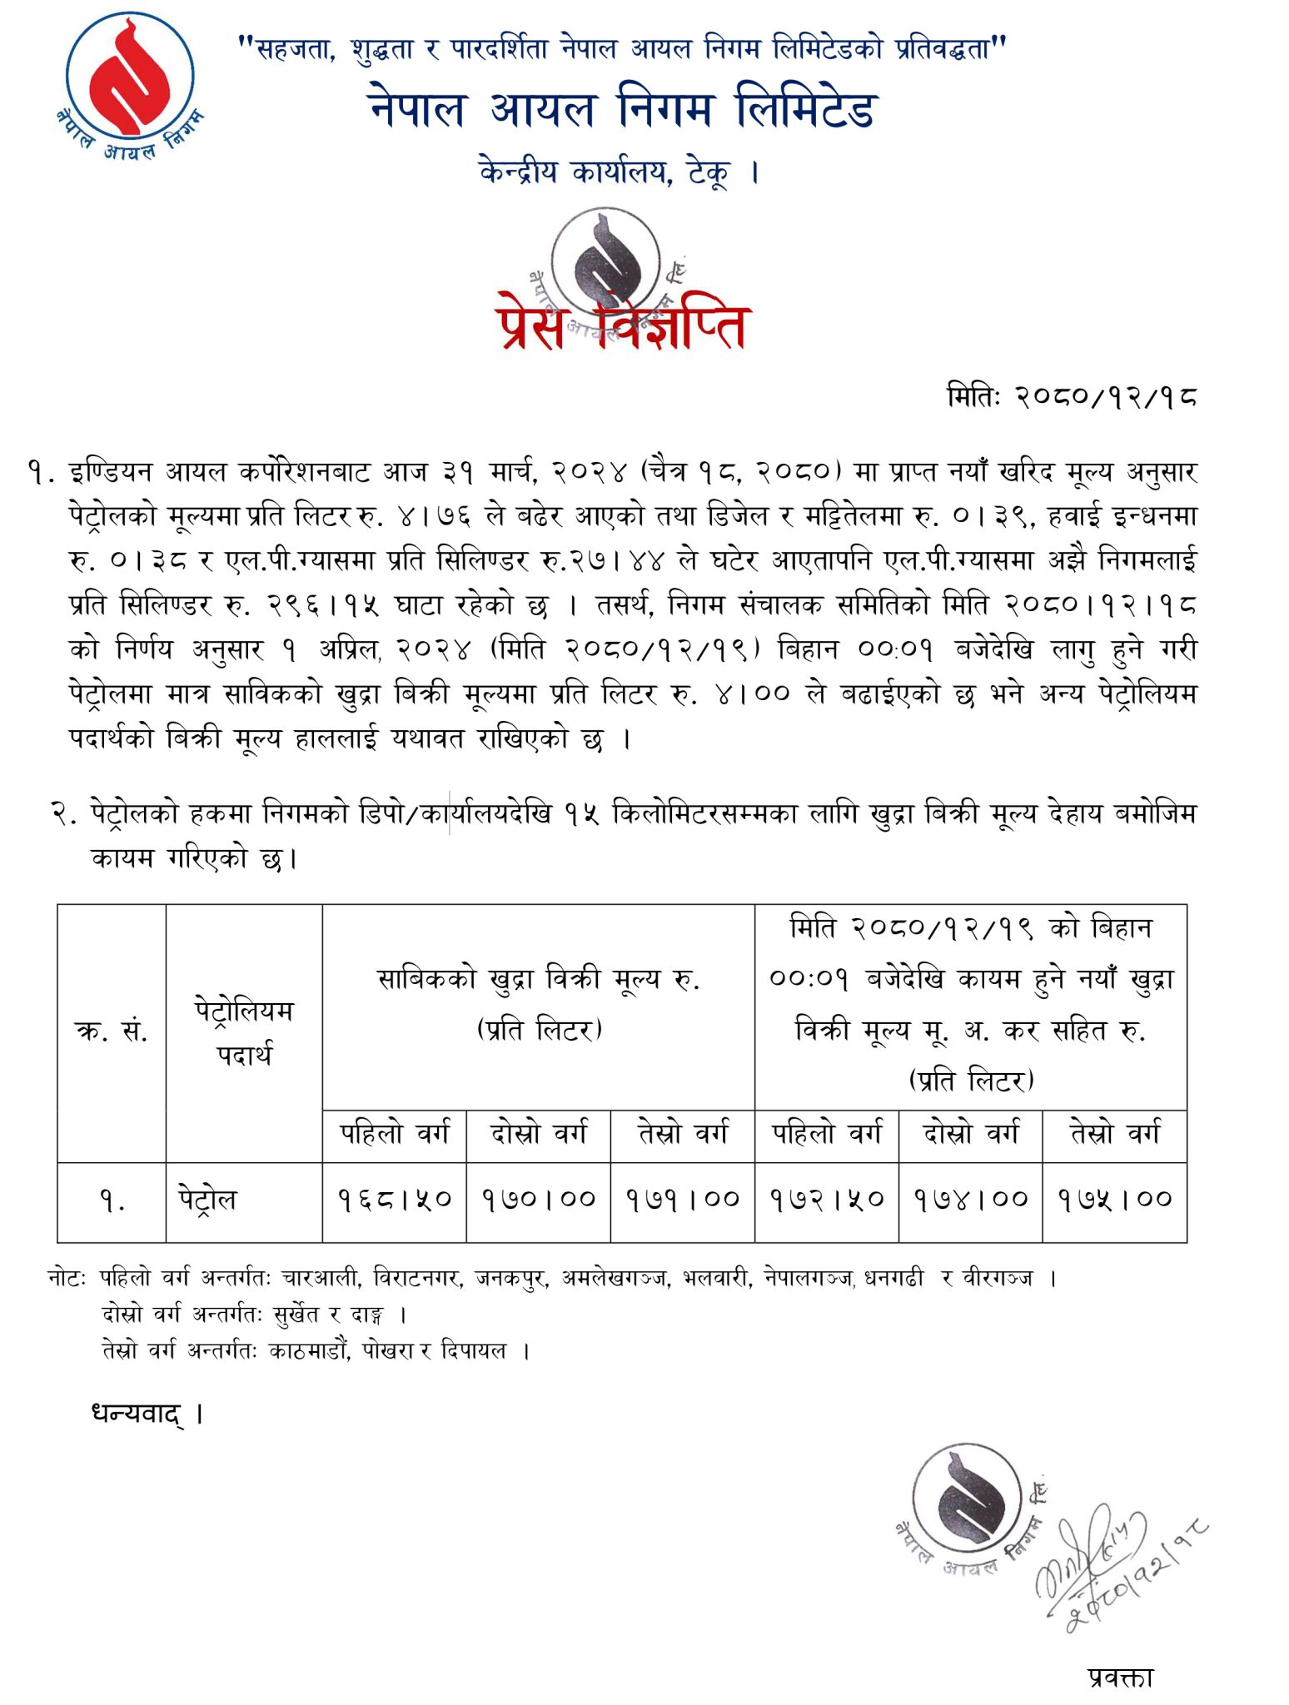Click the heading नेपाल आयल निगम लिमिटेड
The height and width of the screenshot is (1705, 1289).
[x=621, y=110]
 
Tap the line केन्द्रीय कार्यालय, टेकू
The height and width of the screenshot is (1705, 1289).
[x=619, y=172]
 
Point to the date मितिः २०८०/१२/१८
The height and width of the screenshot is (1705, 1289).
[x=1072, y=396]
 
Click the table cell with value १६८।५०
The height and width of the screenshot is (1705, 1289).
[x=394, y=1199]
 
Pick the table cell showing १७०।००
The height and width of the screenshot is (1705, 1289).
[x=539, y=1199]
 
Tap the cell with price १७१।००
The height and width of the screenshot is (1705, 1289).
[x=683, y=1199]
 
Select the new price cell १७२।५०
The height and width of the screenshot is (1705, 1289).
[x=827, y=1199]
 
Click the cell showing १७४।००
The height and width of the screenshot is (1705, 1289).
[x=971, y=1199]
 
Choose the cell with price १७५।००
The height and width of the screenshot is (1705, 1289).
[x=1115, y=1199]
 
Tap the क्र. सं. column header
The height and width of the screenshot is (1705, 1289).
[x=112, y=1032]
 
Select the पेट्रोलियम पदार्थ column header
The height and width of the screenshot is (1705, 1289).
[x=244, y=1032]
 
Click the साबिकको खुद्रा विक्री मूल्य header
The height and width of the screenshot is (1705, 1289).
[x=539, y=1003]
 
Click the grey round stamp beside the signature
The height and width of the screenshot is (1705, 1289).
[x=968, y=1507]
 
